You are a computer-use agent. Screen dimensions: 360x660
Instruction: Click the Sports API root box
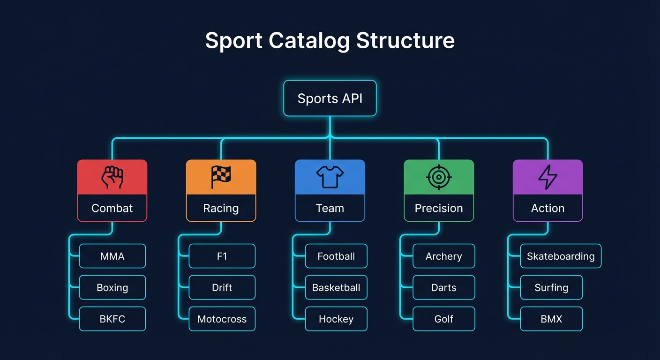(x=330, y=98)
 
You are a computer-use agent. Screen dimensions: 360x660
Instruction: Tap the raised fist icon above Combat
(x=112, y=177)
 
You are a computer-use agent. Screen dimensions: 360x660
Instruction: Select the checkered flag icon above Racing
(x=221, y=177)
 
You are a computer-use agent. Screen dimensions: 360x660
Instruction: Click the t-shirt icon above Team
(x=330, y=177)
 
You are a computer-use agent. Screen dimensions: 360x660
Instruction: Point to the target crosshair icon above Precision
(x=439, y=177)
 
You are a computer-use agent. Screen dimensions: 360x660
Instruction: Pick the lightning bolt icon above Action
(x=547, y=177)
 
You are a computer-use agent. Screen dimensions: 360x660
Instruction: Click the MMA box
(x=112, y=256)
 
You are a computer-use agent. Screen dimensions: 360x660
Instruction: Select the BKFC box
(x=112, y=319)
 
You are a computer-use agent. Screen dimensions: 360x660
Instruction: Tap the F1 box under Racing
(x=222, y=256)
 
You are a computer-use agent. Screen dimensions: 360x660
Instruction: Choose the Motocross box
(x=222, y=319)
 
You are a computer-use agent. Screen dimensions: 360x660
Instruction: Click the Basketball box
(x=336, y=287)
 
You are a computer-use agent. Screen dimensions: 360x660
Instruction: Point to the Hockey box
(x=336, y=319)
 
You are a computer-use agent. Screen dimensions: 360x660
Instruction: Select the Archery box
(x=443, y=256)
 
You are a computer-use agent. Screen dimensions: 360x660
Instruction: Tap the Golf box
(x=443, y=319)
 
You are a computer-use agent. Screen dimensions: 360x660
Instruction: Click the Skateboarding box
(x=561, y=256)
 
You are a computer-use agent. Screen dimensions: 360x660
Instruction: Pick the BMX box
(x=551, y=319)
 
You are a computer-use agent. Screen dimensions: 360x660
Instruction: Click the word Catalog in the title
(x=309, y=41)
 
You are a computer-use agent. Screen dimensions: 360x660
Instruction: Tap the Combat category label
(x=112, y=208)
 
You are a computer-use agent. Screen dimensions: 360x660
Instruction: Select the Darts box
(x=443, y=287)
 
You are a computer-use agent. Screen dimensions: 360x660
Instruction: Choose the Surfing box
(x=551, y=287)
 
